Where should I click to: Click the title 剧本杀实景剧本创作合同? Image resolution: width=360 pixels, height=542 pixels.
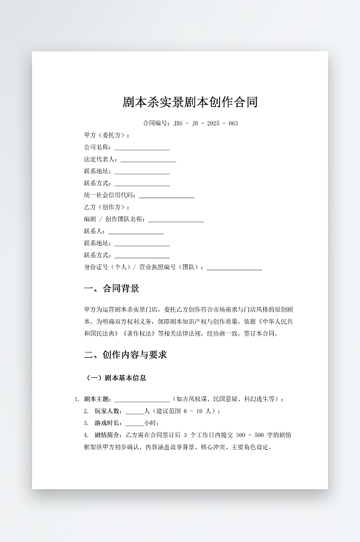(190, 102)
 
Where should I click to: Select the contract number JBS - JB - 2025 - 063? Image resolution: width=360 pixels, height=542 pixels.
(205, 123)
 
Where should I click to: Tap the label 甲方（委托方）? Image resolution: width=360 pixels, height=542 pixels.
(106, 135)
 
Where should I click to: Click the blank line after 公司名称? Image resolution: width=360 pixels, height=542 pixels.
(142, 148)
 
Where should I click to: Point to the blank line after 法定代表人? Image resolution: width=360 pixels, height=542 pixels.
(148, 160)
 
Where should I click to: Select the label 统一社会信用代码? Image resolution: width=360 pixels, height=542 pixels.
(109, 196)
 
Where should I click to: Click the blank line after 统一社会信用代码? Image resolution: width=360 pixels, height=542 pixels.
(166, 196)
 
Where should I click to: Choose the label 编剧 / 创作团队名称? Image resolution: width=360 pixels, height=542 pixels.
(114, 220)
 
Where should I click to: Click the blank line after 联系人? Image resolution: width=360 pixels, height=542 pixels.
(136, 232)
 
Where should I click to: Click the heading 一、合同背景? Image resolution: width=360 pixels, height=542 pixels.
(112, 289)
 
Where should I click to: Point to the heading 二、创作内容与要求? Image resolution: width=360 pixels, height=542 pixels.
(125, 354)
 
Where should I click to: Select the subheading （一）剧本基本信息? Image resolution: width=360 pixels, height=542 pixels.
(117, 378)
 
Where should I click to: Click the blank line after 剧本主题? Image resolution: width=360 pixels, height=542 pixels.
(142, 399)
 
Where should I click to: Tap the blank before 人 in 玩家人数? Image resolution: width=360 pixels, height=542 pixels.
(134, 411)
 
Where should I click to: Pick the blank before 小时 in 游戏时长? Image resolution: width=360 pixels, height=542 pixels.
(134, 423)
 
